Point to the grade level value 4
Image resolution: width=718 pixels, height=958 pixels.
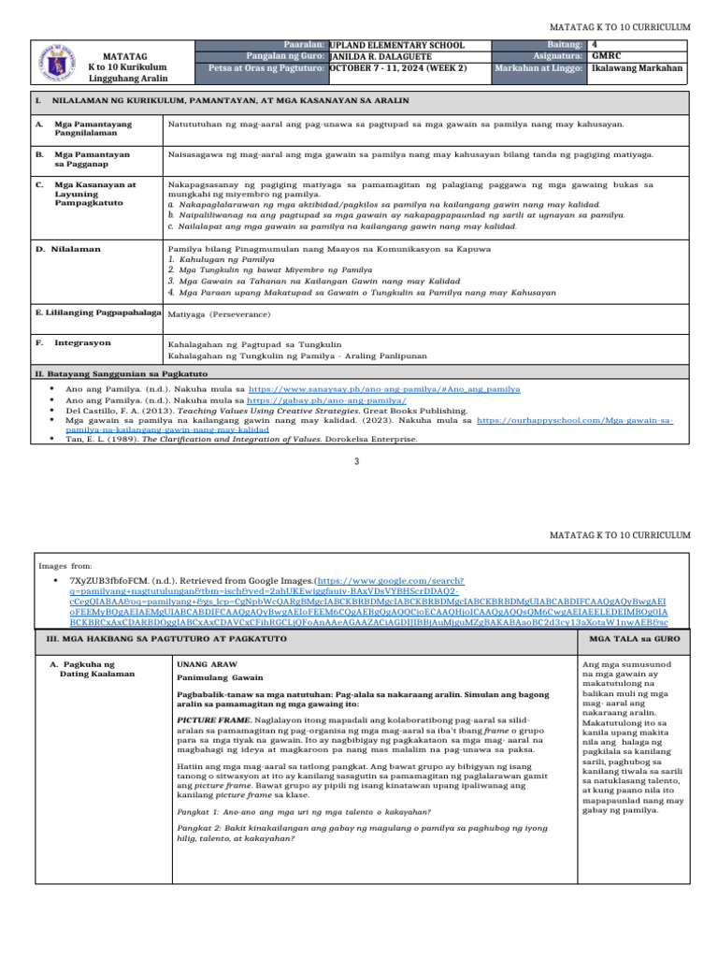pos(595,45)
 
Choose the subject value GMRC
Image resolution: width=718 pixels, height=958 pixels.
pos(604,56)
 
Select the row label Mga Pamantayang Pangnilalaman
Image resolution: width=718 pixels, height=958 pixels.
pos(93,128)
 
